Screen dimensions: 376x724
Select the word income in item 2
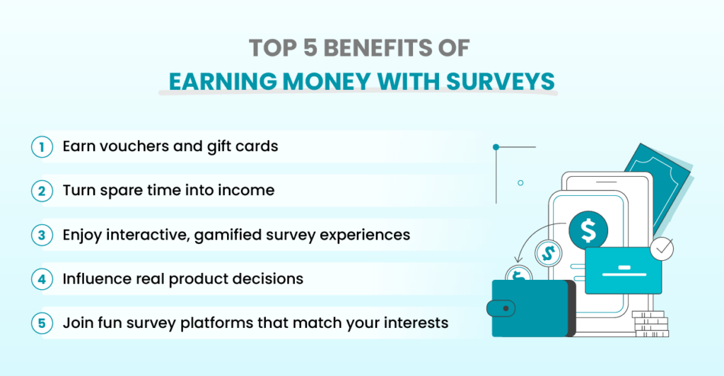click(x=247, y=191)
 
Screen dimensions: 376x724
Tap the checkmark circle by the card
click(x=662, y=248)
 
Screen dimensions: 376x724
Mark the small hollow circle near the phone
click(x=520, y=183)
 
